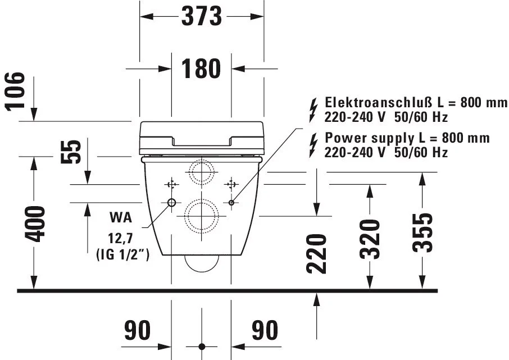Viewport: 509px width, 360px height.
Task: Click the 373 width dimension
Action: [x=202, y=16]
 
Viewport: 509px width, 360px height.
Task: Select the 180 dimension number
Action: [x=201, y=69]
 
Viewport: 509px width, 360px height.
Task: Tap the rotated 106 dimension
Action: [x=15, y=91]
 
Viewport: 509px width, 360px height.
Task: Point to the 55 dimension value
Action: [x=71, y=152]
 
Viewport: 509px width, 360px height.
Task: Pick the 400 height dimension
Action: [x=35, y=224]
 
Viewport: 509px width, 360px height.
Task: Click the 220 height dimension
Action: [x=316, y=253]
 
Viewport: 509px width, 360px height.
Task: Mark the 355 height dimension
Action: [x=422, y=232]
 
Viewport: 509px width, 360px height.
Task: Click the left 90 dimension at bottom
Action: [x=137, y=330]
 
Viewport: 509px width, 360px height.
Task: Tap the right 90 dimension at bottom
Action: [x=265, y=330]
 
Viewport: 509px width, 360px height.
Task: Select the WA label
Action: [x=121, y=217]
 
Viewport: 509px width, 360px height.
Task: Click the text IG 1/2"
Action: [x=122, y=254]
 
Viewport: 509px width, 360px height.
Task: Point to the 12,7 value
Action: [x=120, y=239]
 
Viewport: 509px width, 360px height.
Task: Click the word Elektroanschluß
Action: [x=379, y=102]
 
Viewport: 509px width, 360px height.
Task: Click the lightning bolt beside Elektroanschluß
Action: [x=313, y=111]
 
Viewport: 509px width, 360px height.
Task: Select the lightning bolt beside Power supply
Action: [x=313, y=146]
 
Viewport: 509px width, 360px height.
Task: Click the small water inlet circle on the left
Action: [x=171, y=203]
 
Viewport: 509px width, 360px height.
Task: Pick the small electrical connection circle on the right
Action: [x=231, y=203]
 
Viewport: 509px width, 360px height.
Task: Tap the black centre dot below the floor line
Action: [x=202, y=347]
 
